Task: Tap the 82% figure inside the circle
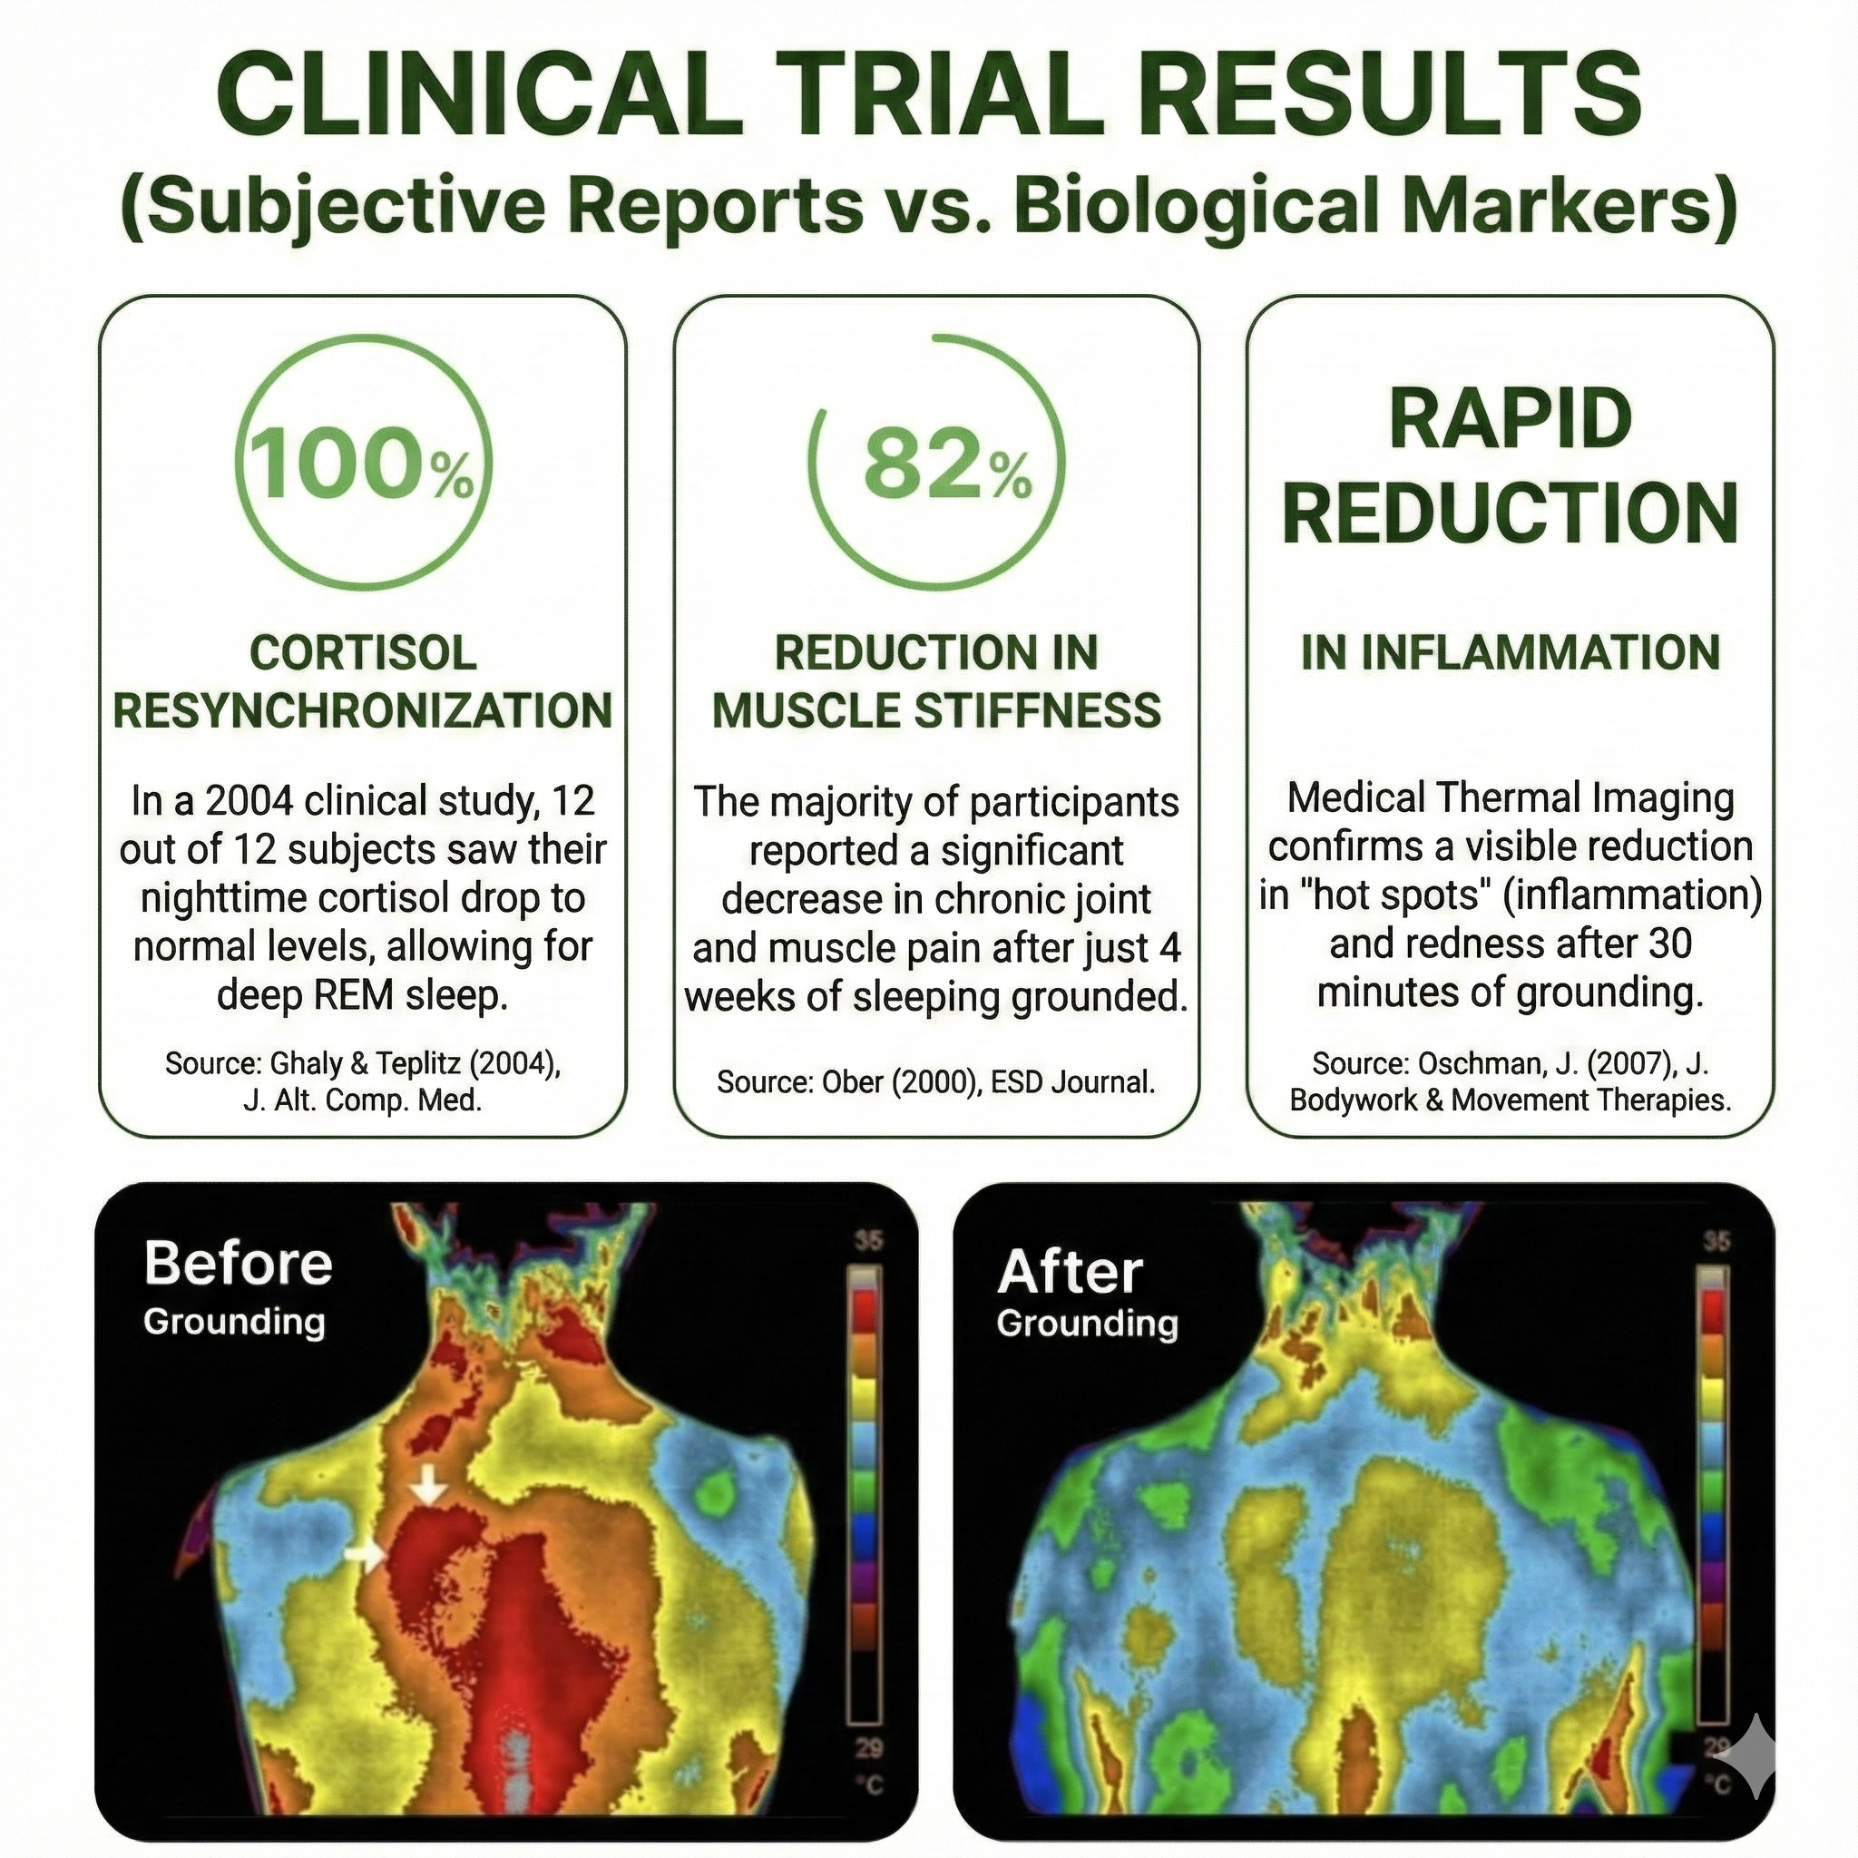pyautogui.click(x=948, y=464)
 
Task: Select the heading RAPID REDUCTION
pyautogui.click(x=1511, y=466)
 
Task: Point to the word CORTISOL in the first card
pyautogui.click(x=364, y=653)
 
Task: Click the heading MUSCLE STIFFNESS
pyautogui.click(x=936, y=710)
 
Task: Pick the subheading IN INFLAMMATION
pyautogui.click(x=1511, y=652)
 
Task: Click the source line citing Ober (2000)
pyautogui.click(x=935, y=1082)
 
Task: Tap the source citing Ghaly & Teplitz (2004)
pyautogui.click(x=363, y=1081)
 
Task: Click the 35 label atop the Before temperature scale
pyautogui.click(x=868, y=1240)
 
